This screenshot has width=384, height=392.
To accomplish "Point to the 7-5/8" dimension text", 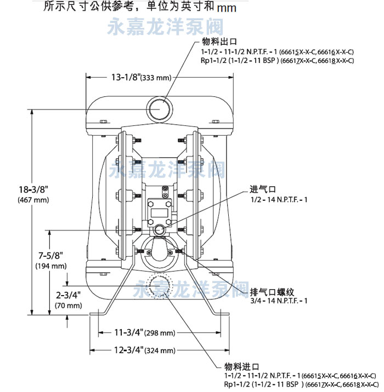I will click(x=50, y=255).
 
